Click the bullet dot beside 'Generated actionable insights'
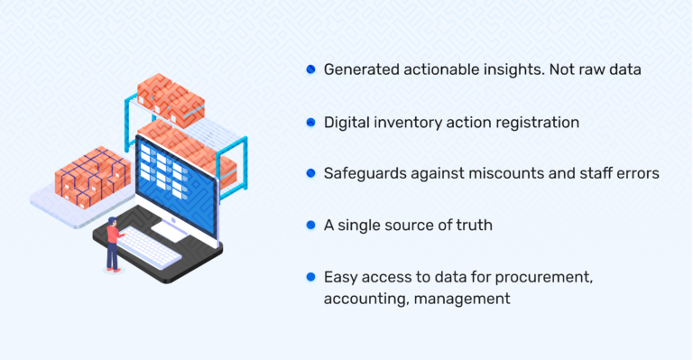(310, 69)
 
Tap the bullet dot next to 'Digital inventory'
(310, 121)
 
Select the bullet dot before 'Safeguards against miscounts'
(310, 172)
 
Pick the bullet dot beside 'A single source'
(310, 224)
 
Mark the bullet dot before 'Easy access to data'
(310, 276)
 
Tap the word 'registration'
(536, 122)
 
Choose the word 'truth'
(472, 225)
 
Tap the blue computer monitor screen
(177, 180)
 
